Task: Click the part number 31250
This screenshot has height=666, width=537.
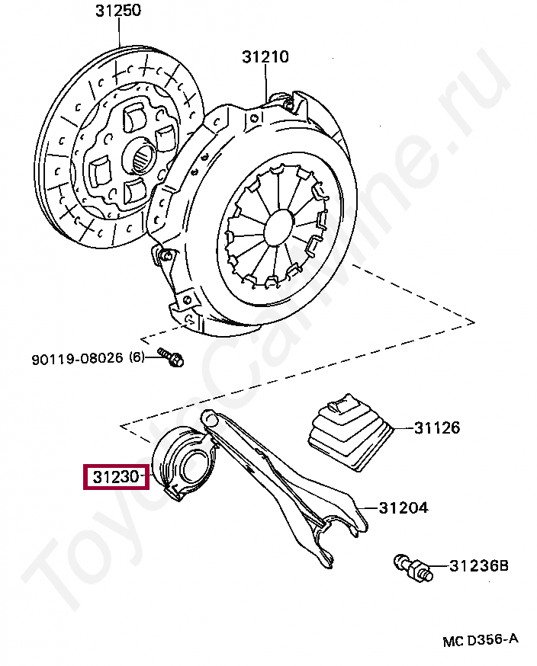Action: coord(118,11)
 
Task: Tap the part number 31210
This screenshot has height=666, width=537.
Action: coord(265,57)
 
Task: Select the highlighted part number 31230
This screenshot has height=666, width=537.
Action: coord(115,478)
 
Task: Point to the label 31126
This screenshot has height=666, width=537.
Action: coord(437,427)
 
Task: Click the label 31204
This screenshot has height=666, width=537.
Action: coord(404,508)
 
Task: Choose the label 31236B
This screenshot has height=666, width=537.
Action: coord(479,566)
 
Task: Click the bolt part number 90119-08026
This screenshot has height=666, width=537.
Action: coord(77,358)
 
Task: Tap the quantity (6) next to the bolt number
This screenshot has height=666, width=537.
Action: coord(137,357)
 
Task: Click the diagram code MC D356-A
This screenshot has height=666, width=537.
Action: coord(481,641)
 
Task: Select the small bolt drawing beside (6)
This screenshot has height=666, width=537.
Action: coord(171,358)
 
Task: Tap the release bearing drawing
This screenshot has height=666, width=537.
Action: coord(185,464)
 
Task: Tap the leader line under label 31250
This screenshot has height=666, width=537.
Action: coord(121,38)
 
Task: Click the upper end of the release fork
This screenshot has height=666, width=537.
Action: coord(209,418)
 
